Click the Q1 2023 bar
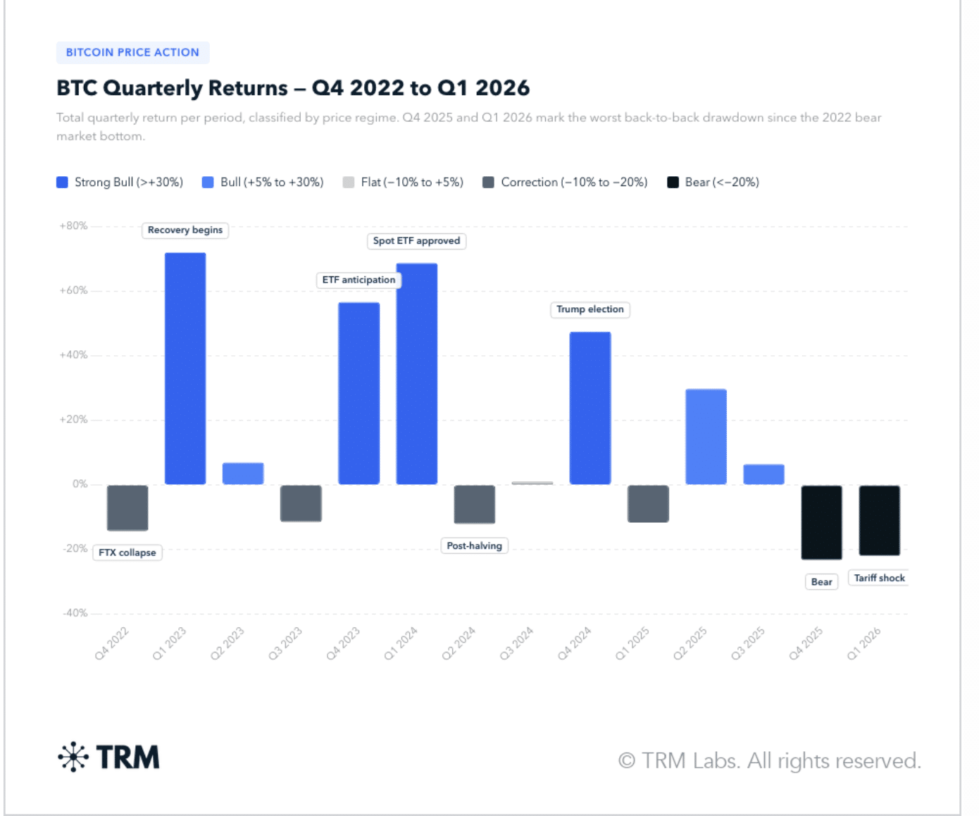click(185, 368)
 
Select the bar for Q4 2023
click(358, 393)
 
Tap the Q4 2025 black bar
click(821, 521)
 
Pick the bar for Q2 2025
click(706, 436)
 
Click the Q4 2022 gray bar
click(127, 507)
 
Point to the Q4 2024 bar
click(590, 408)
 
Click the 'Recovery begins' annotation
click(185, 230)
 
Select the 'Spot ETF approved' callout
click(416, 241)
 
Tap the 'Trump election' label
click(590, 309)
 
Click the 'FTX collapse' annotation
click(127, 552)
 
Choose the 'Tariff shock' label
click(879, 578)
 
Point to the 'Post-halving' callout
click(475, 545)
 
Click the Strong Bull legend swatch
click(62, 183)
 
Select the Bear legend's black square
click(673, 183)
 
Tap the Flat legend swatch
click(349, 183)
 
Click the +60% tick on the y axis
click(73, 290)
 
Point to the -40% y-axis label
click(75, 613)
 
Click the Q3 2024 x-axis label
click(516, 643)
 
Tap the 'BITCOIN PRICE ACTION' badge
click(132, 52)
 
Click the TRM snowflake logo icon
click(73, 758)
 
